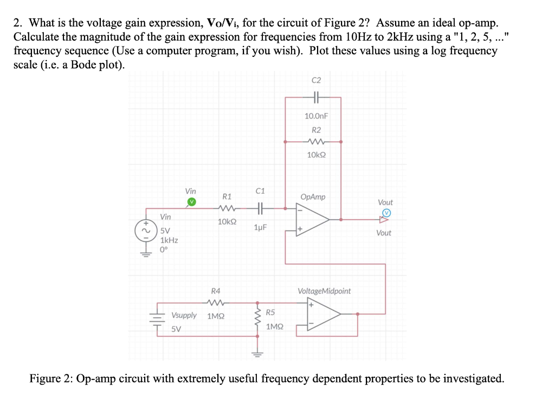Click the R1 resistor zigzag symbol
[227, 208]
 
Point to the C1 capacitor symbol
[260, 208]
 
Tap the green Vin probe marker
[191, 203]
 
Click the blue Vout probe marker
[386, 213]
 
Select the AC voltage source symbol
[145, 230]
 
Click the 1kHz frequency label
[169, 240]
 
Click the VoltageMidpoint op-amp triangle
[323, 314]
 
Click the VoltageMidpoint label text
[324, 291]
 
